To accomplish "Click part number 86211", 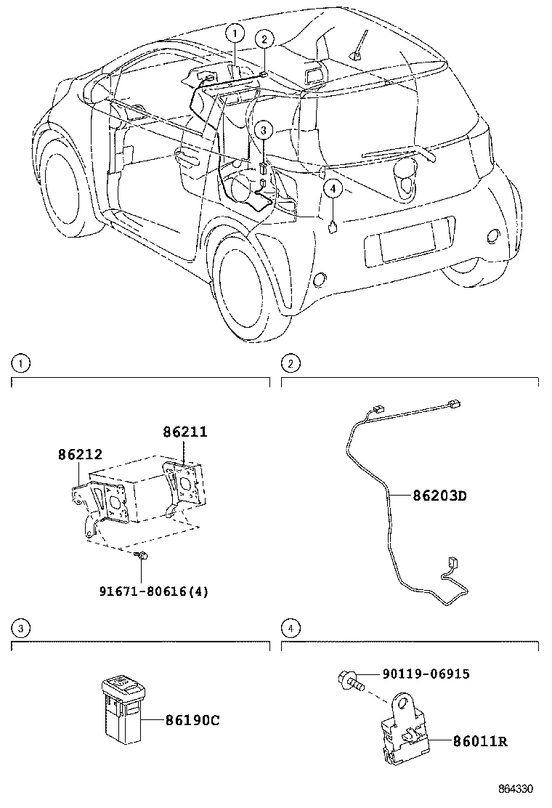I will [184, 432].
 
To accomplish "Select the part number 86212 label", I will [81, 454].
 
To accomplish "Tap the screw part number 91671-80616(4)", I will [153, 591].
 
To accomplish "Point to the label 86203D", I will [439, 497].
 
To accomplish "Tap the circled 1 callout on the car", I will [234, 32].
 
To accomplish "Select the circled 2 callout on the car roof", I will [265, 39].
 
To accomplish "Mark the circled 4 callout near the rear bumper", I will [332, 189].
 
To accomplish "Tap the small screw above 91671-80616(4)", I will [142, 556].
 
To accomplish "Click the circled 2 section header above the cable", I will [290, 363].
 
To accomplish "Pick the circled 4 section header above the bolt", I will [290, 628].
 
